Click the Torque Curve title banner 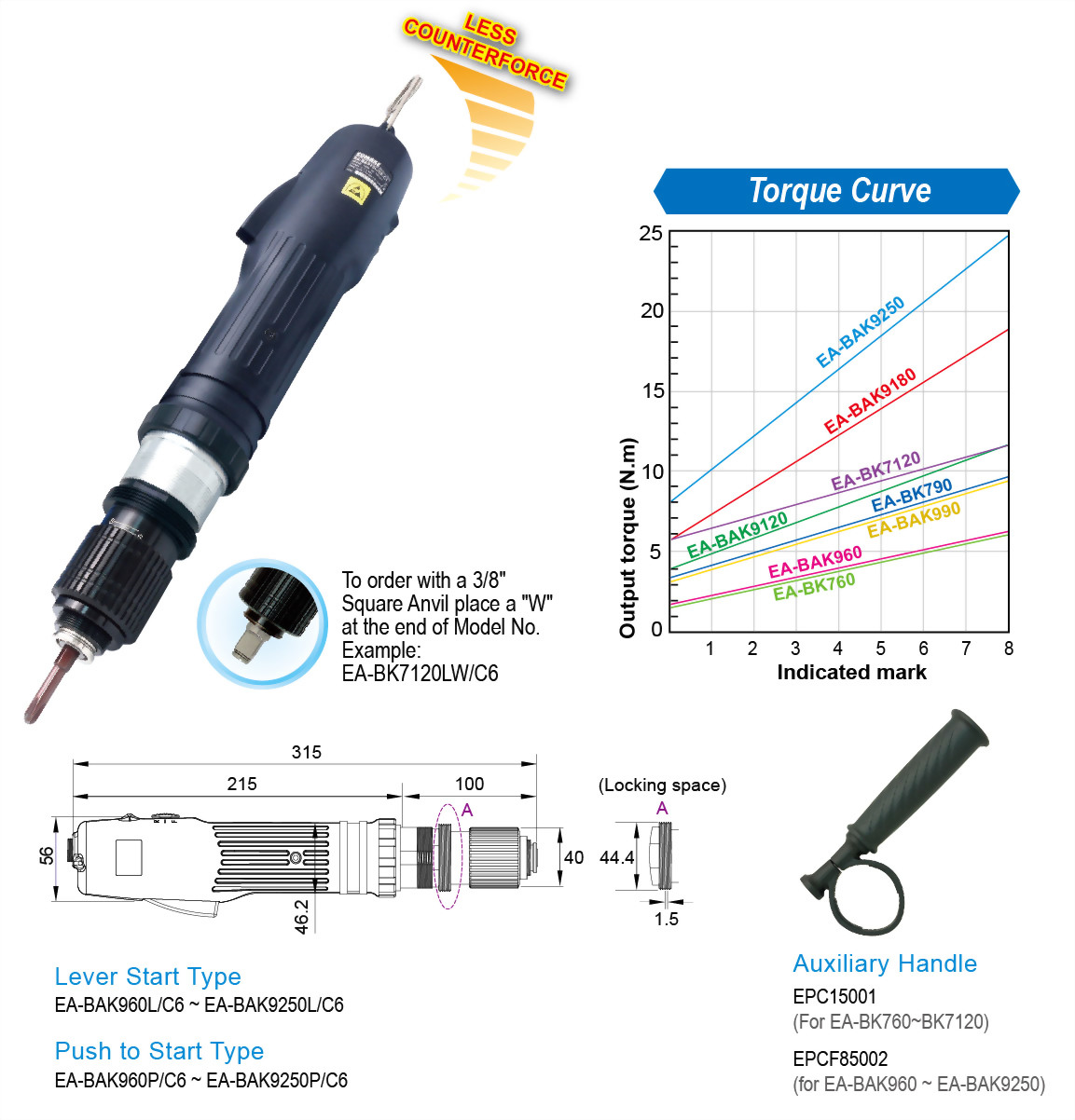pos(836,191)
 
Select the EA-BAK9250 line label pos(861,332)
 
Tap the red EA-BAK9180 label pos(870,401)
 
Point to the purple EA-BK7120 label pos(875,471)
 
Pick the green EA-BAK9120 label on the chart pos(737,535)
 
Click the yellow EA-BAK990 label pos(914,519)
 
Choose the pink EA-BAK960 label pos(815,561)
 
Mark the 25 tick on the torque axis pos(651,233)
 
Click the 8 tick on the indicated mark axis pos(1008,649)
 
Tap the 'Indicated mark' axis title pos(851,672)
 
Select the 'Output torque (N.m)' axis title pos(627,538)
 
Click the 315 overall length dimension pos(306,752)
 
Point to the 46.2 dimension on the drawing pos(301,917)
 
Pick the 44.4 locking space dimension pos(616,857)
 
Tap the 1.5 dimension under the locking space pos(666,919)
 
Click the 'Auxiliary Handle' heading pos(885,963)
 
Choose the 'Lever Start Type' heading pos(147,977)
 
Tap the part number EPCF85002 pos(840,1059)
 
